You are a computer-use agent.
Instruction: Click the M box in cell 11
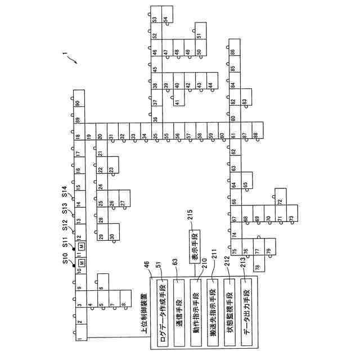[x=82, y=246]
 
